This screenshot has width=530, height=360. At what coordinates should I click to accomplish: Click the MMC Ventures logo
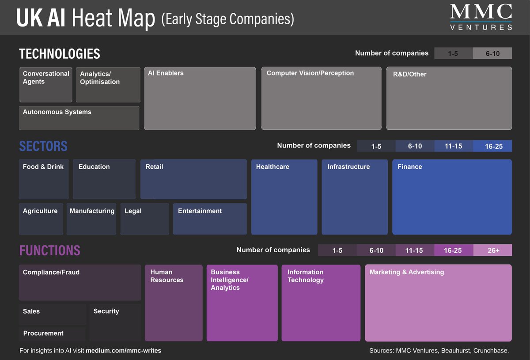tap(481, 17)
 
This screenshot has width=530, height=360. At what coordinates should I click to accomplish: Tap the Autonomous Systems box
tap(79, 118)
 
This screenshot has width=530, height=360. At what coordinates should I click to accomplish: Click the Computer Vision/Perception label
tap(310, 73)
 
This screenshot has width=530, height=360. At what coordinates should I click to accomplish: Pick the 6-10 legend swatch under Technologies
tap(492, 53)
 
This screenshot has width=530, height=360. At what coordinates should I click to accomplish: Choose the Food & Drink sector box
tap(44, 179)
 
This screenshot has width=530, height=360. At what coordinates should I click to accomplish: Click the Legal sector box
tap(144, 219)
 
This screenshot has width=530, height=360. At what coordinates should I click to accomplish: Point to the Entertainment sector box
tap(210, 219)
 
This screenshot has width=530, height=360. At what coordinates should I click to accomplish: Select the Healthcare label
tap(273, 167)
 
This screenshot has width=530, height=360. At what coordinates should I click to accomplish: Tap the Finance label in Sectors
tap(410, 167)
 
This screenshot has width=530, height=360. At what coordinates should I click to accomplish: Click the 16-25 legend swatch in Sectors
tap(492, 146)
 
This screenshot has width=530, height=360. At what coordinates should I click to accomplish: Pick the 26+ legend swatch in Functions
tap(492, 250)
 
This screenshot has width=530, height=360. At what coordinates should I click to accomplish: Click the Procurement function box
tap(52, 333)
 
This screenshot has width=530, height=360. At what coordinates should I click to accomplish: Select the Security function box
tap(115, 322)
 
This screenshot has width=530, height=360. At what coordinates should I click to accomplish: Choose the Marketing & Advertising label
tap(407, 272)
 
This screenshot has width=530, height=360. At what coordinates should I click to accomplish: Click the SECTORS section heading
tap(43, 146)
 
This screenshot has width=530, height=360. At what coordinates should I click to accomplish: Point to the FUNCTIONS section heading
tap(49, 250)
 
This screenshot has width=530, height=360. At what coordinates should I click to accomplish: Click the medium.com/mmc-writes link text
tap(124, 351)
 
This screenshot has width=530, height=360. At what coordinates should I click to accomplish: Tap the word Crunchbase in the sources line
tap(491, 351)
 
